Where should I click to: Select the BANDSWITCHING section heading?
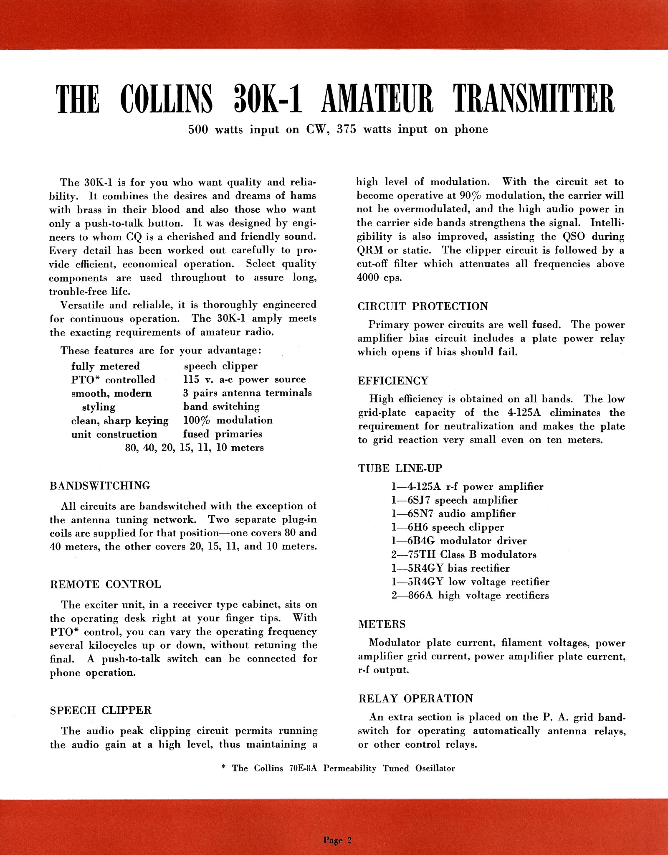pyautogui.click(x=100, y=486)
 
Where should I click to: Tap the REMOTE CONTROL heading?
pyautogui.click(x=105, y=584)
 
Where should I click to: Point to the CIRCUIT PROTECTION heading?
pyautogui.click(x=423, y=306)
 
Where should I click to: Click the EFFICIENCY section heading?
pyautogui.click(x=393, y=381)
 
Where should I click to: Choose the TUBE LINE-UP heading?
pyautogui.click(x=400, y=468)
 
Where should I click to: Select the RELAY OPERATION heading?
pyautogui.click(x=415, y=698)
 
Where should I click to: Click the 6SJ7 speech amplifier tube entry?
pyautogui.click(x=454, y=500)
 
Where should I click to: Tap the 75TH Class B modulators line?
pyautogui.click(x=464, y=555)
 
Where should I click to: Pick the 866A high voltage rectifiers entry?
pyautogui.click(x=470, y=595)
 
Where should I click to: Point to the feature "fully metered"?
pyautogui.click(x=105, y=366)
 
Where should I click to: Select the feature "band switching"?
pyautogui.click(x=221, y=407)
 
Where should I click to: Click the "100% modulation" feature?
pyautogui.click(x=228, y=420)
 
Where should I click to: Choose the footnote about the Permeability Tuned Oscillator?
pyautogui.click(x=337, y=768)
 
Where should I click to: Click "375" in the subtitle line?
pyautogui.click(x=347, y=130)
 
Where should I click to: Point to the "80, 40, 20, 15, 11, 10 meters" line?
pyautogui.click(x=194, y=448)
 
